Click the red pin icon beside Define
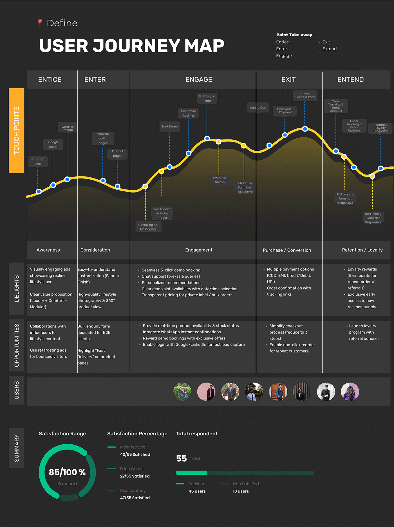coord(40,22)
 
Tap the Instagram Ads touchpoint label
coord(38,161)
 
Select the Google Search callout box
coord(53,144)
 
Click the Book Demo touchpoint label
coord(169,126)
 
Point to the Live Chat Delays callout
coord(220,180)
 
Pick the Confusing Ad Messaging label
coord(148,227)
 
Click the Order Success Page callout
coord(305,96)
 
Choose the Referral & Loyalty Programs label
coord(380,128)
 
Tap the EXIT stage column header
coord(288,80)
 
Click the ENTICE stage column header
coord(50,80)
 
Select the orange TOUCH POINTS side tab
coord(17,130)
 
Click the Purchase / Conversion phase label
coord(287,250)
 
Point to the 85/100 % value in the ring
coord(67,472)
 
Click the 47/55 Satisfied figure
coord(135,498)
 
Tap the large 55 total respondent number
coord(182,458)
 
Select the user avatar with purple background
coord(350,392)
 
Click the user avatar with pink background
coord(206,392)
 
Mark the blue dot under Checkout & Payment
coord(285,135)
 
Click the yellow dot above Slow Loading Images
coord(162,171)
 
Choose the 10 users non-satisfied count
coord(241,491)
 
